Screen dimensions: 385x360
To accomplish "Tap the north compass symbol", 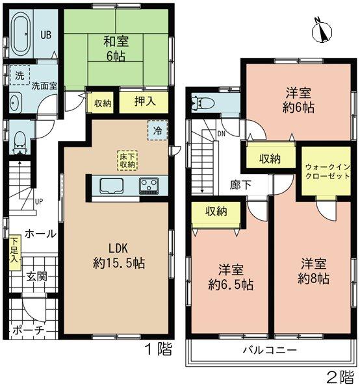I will pos(320,30).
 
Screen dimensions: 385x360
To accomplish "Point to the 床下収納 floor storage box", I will pos(127,160).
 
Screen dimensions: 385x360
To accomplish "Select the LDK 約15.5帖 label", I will pos(118,256).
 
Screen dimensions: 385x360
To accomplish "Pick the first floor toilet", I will pos(20,139).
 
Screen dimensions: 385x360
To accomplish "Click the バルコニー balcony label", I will pos(271,350).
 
